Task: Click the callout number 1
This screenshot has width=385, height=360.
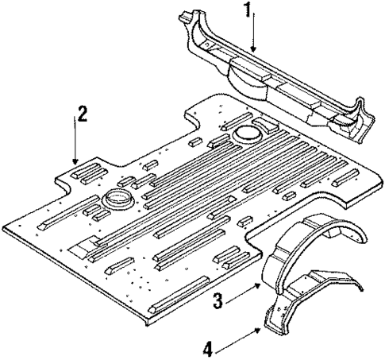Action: [248, 11]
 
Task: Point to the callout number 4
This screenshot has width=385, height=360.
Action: [208, 349]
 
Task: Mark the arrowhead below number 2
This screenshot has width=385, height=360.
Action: [74, 163]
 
